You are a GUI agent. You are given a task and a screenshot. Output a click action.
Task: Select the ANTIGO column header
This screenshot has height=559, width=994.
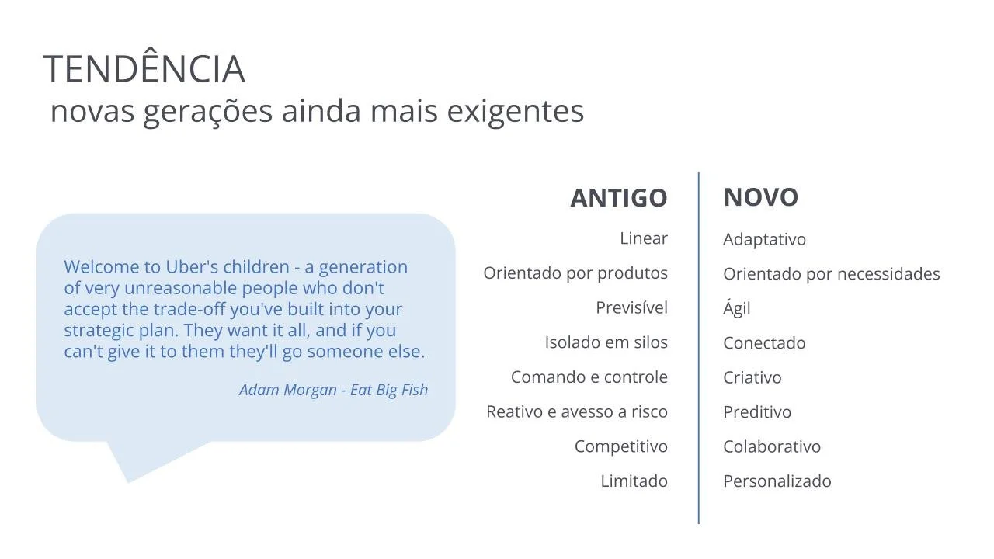(619, 198)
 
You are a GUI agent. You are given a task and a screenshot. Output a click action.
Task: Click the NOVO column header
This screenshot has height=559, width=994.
(761, 197)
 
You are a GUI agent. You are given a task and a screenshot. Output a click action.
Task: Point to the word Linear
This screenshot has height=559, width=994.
(644, 238)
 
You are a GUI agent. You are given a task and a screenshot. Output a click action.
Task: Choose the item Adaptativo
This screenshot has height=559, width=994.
(765, 240)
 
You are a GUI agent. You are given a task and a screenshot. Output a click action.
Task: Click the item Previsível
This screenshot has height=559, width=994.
(632, 308)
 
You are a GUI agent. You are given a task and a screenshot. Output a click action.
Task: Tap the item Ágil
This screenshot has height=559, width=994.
(737, 307)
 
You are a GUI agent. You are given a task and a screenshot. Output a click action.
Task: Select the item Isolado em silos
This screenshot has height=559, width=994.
(606, 342)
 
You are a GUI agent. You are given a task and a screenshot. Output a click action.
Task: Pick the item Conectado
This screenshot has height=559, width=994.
(765, 343)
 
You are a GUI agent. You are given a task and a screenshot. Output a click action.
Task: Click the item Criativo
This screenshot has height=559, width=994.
(752, 378)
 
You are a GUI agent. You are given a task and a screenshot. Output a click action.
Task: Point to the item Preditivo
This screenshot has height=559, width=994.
(757, 412)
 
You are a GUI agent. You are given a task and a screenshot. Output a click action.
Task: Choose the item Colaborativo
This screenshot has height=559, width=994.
(772, 447)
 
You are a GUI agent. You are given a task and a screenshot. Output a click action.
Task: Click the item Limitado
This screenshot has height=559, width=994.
(634, 481)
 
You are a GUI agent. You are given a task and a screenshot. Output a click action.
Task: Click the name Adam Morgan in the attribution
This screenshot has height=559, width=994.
(288, 391)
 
